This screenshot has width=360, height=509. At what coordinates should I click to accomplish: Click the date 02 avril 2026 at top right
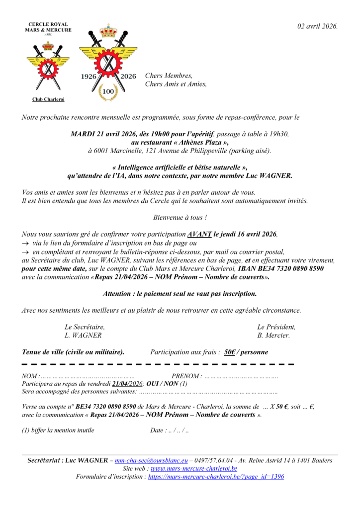pos(318,26)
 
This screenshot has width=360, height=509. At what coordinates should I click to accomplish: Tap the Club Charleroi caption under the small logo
pos(48,99)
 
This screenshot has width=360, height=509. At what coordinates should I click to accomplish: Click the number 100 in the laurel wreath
pos(108,91)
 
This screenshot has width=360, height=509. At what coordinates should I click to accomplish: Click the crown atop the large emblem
pos(108,31)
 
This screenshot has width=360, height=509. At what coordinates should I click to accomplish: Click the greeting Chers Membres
pos(169,76)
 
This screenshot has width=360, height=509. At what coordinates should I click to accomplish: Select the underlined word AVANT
pos(200,234)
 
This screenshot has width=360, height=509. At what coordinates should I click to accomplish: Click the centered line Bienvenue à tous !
pos(180,218)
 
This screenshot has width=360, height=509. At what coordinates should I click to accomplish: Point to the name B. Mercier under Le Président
pos(273,336)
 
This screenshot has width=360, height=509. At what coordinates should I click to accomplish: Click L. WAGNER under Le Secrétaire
pos(83,336)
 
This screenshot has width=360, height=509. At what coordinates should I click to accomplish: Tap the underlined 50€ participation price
pos(229,352)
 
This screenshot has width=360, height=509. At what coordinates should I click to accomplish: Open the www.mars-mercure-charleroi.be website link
pos(194,468)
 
